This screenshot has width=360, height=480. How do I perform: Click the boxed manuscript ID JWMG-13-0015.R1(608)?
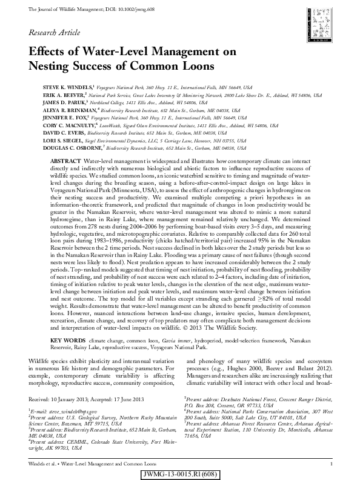180,473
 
